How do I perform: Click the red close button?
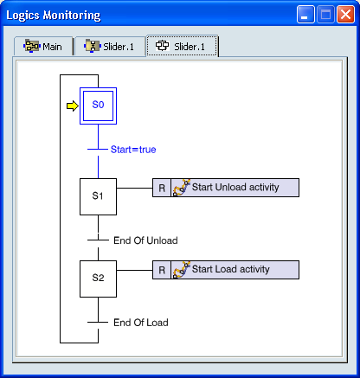tap(345, 15)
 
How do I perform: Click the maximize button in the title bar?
tap(325, 15)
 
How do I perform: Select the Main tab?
tap(43, 46)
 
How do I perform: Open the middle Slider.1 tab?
tap(110, 46)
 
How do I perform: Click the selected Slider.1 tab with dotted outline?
tap(182, 46)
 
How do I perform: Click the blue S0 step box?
tap(98, 106)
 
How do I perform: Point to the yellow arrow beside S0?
tap(73, 106)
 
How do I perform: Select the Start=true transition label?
tap(133, 150)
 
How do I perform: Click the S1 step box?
tap(98, 196)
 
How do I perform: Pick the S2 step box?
tap(98, 279)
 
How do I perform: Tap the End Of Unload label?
tap(145, 240)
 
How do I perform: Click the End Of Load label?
tap(141, 323)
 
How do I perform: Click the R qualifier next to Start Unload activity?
tap(162, 188)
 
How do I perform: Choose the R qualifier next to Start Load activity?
tap(162, 270)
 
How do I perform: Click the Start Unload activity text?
tap(235, 187)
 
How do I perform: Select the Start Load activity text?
tap(231, 269)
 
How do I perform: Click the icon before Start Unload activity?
tap(182, 188)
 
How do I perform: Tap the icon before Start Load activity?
tap(182, 270)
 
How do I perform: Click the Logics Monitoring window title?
tap(54, 16)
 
